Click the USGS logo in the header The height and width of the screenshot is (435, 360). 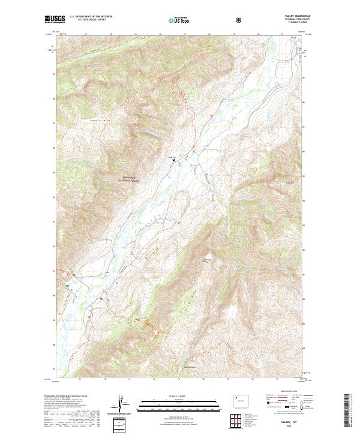[x=56, y=20]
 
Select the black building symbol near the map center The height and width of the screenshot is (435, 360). [x=175, y=160]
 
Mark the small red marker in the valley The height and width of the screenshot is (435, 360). [x=211, y=115]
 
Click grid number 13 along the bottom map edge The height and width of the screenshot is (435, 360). [x=104, y=379]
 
